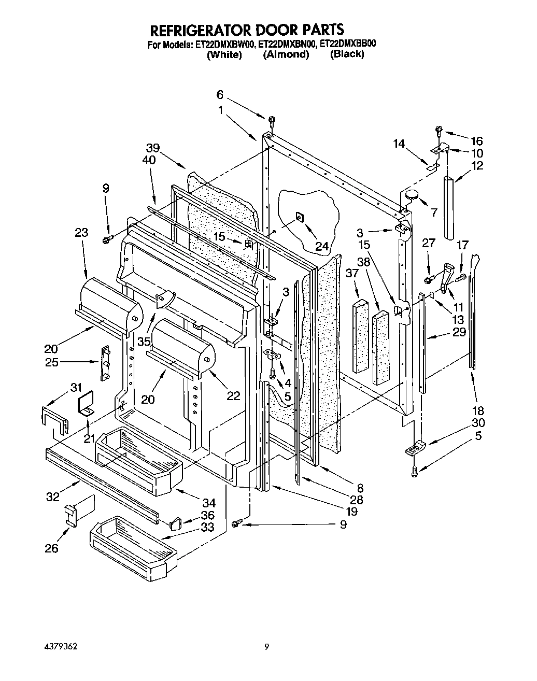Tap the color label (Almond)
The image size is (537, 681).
[x=286, y=55]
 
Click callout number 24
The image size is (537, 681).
[x=322, y=247]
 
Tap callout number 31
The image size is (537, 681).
[x=76, y=387]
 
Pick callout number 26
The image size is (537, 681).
[x=51, y=548]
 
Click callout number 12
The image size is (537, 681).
[x=477, y=166]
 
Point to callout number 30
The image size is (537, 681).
[x=477, y=422]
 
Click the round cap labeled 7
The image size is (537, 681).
[x=412, y=195]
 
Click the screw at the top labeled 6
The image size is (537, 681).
[x=273, y=122]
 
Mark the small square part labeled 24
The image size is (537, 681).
[x=300, y=216]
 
